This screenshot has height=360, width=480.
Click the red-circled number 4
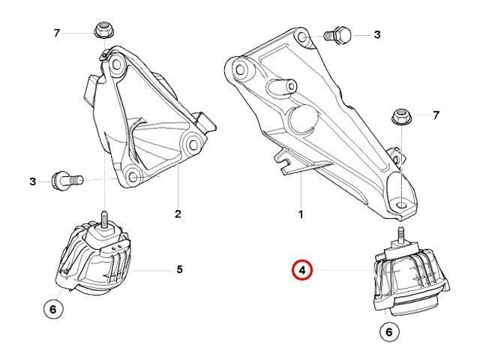302,271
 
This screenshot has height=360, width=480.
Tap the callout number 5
180,269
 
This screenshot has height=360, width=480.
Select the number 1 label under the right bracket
301,214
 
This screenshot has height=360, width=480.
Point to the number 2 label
178,214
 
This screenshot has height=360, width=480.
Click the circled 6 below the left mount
53,309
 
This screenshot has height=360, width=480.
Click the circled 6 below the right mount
389,331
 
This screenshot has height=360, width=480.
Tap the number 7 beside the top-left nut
56,33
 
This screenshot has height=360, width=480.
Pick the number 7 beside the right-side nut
436,115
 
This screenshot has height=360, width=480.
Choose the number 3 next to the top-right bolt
377,34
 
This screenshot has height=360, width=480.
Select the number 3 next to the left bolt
33,181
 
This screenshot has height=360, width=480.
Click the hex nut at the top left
103,31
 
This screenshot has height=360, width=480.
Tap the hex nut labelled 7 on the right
402,117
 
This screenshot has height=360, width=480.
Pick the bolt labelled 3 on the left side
67,180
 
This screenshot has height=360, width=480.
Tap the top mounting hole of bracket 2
116,65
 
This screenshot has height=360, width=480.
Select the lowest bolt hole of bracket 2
133,177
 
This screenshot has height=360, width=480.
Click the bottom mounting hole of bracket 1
402,204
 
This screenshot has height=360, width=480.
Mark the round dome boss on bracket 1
303,118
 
